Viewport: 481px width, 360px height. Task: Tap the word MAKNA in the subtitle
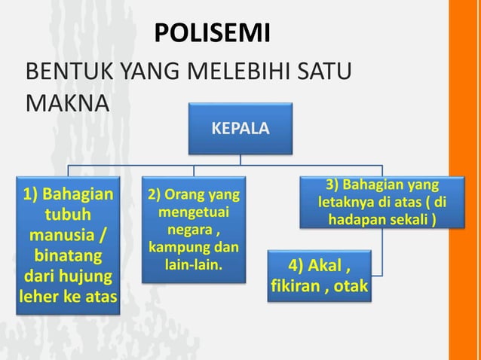(x=63, y=102)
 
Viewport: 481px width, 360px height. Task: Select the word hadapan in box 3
(x=356, y=220)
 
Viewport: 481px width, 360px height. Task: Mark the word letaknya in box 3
(x=348, y=203)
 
